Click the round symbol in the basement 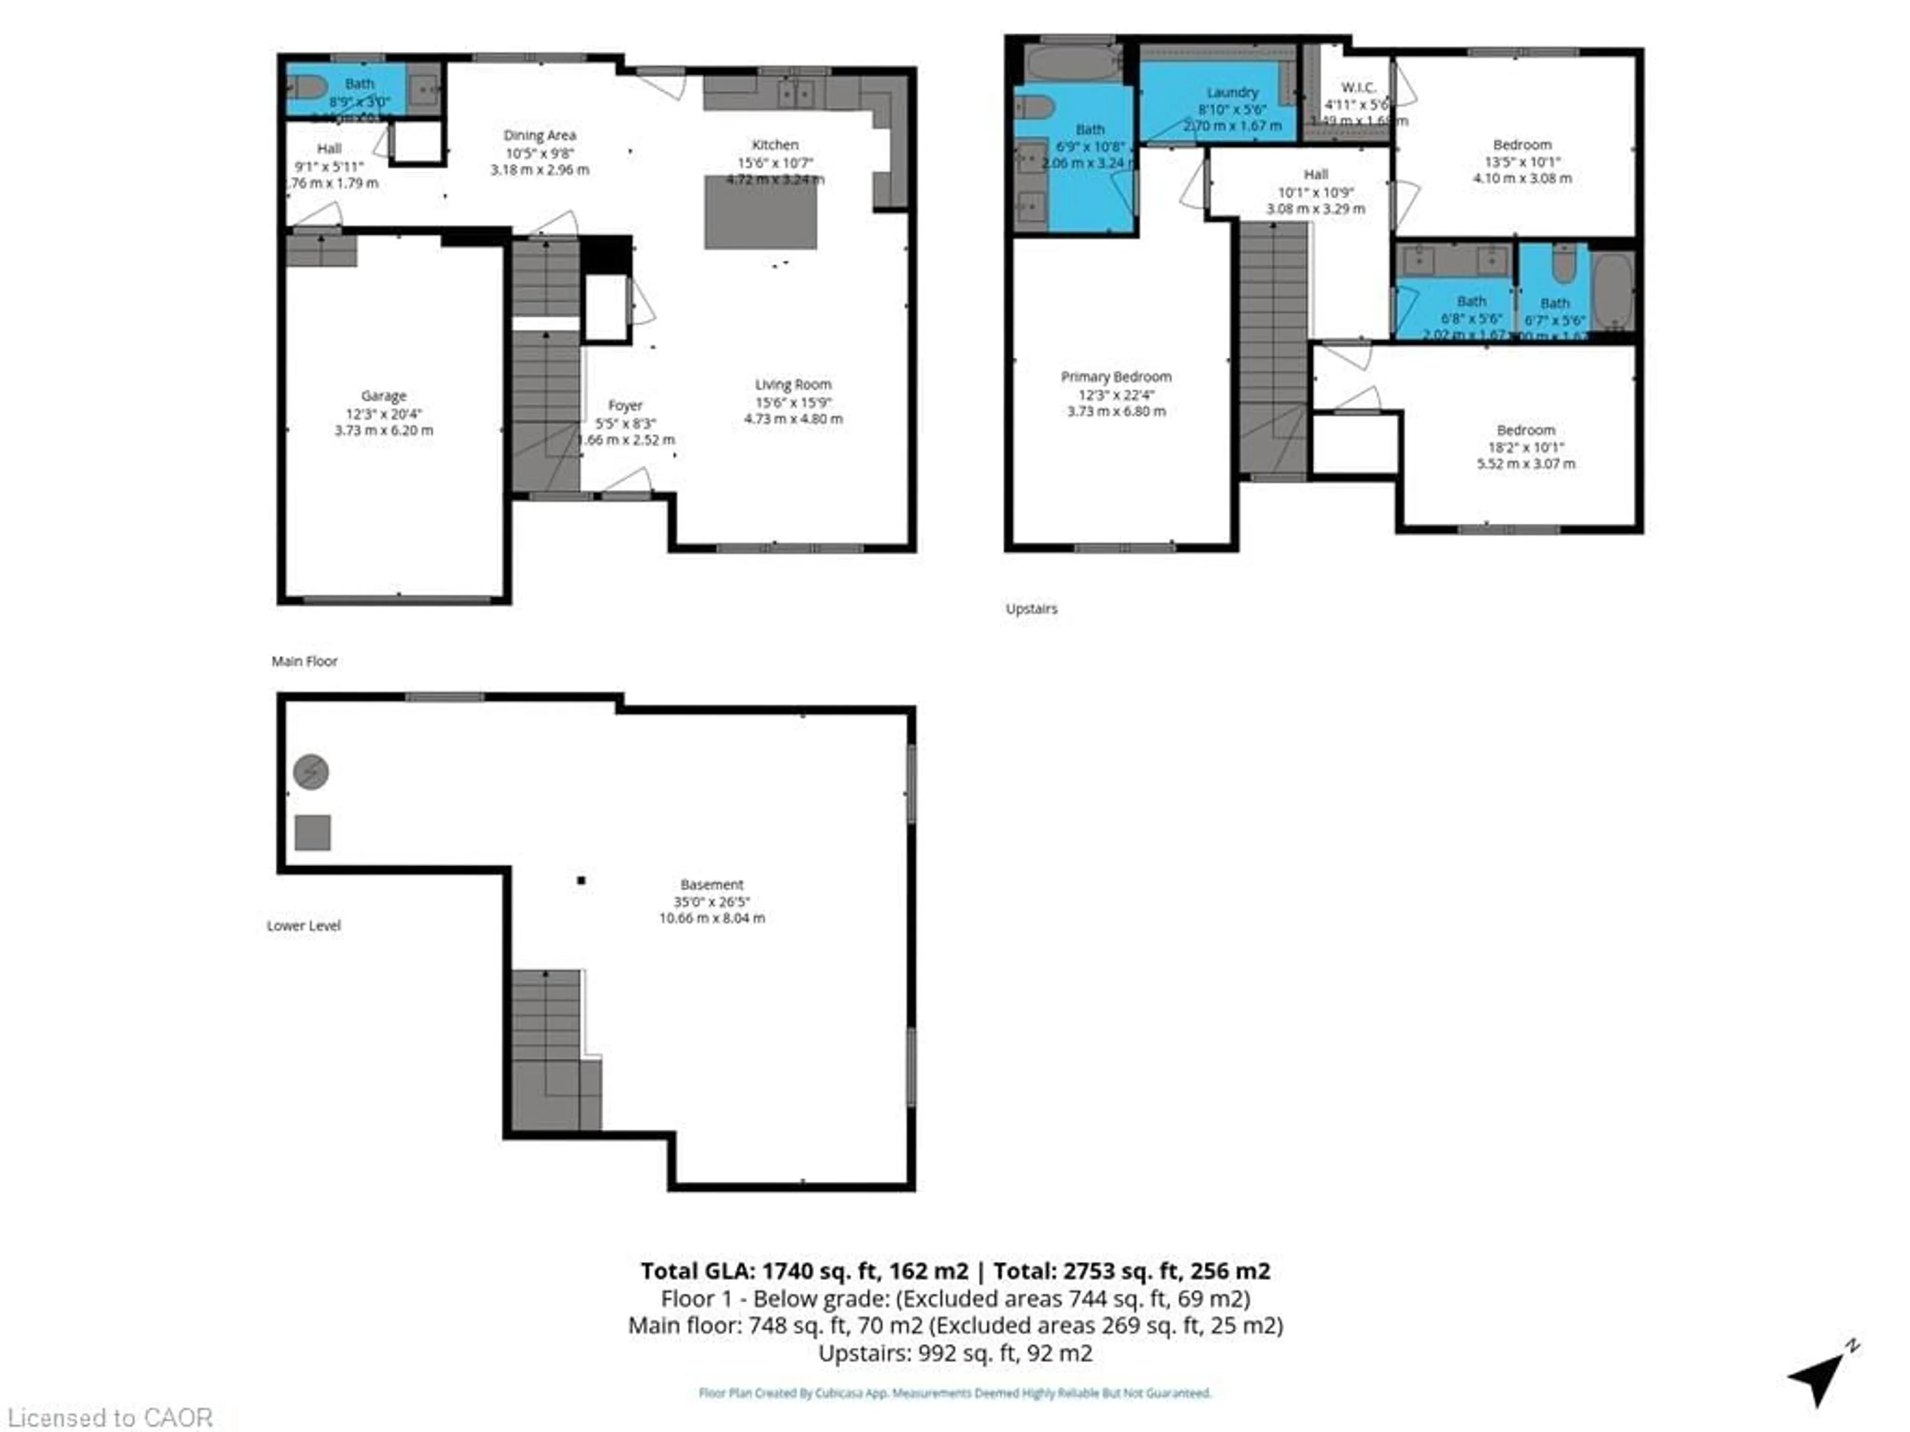(x=311, y=772)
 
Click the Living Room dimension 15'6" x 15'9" (x=793, y=402)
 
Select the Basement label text (x=711, y=884)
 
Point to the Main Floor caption (x=304, y=661)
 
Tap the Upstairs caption (x=1031, y=609)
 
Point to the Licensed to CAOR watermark (x=109, y=1417)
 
